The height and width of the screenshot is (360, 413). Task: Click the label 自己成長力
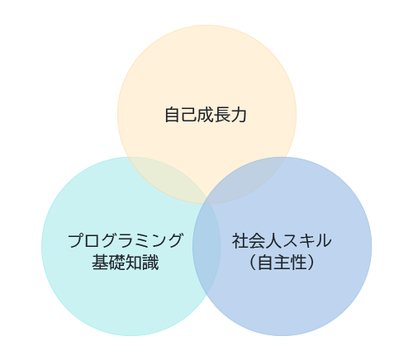[x=206, y=115]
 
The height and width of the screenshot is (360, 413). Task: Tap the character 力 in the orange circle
[x=239, y=115]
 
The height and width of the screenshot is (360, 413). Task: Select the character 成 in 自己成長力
[x=206, y=115]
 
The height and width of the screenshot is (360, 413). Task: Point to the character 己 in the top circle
[x=189, y=115]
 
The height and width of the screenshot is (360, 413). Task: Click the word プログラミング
[x=126, y=240]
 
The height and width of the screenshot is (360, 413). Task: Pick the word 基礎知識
[x=126, y=263]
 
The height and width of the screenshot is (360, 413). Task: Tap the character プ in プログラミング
[x=76, y=240]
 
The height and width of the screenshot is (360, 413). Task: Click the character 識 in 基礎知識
[x=150, y=263]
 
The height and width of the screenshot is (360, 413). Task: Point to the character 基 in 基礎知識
[x=100, y=263]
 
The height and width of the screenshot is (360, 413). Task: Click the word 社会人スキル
[x=282, y=240]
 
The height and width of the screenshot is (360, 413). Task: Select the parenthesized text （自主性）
[x=282, y=263]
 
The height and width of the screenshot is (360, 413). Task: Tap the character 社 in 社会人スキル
[x=240, y=240]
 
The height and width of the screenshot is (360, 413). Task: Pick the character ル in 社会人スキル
[x=323, y=240]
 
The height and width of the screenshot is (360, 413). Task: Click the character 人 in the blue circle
[x=273, y=240]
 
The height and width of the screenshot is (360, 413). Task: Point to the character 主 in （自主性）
[x=282, y=263]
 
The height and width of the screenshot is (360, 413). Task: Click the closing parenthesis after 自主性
[x=311, y=263]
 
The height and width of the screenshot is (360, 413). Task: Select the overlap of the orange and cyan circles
[x=165, y=179]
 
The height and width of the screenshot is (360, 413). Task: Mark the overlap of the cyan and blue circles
[x=206, y=246]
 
